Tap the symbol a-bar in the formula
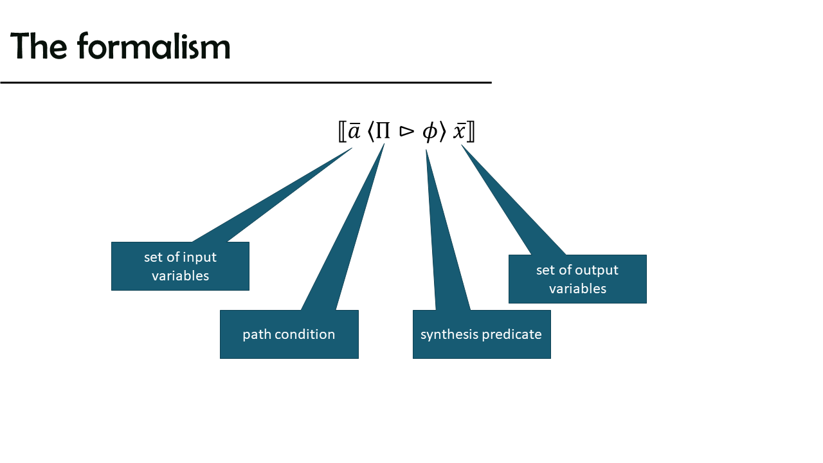[x=354, y=131]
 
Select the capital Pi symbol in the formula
[x=383, y=131]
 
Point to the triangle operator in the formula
[x=407, y=132]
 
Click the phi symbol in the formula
[x=430, y=132]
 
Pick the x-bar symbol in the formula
[x=459, y=131]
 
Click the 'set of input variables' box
[x=180, y=266]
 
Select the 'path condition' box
[x=289, y=334]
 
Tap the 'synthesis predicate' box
[x=482, y=334]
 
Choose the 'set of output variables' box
[x=577, y=279]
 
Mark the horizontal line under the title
[x=246, y=83]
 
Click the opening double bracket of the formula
[x=342, y=132]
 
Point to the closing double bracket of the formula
[x=471, y=132]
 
